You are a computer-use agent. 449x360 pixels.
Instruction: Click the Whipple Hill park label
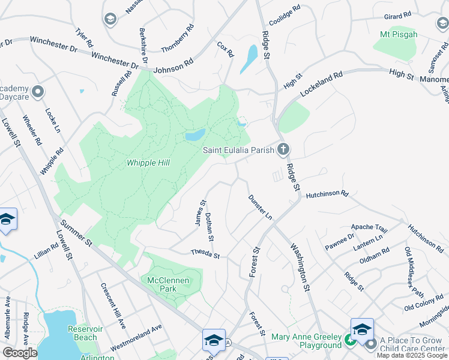coord(148,163)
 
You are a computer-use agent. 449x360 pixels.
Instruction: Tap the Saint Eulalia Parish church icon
coord(283,149)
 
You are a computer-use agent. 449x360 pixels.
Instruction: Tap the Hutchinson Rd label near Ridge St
coord(327,194)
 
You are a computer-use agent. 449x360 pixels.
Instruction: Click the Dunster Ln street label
coord(261,207)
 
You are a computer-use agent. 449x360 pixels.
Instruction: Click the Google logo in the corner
coord(20,353)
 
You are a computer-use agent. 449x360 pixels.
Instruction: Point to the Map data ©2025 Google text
coord(412,355)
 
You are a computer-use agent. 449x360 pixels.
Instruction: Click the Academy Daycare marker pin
coord(38,92)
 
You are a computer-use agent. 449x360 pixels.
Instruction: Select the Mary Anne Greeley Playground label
coord(306,341)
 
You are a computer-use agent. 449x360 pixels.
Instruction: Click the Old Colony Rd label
coord(424,306)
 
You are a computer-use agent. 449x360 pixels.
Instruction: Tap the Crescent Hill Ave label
coord(112,306)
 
